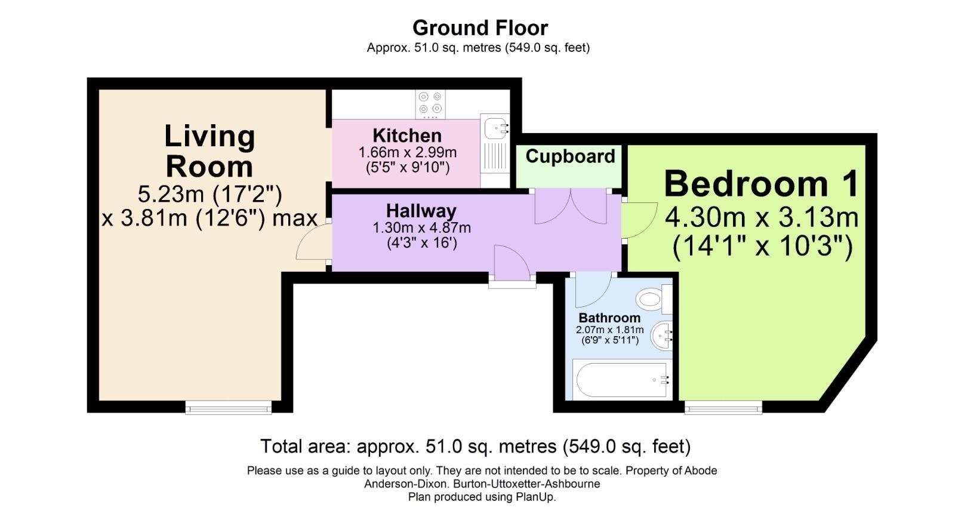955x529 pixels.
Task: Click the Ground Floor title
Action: pyautogui.click(x=480, y=28)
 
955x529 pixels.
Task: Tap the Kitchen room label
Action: pyautogui.click(x=407, y=136)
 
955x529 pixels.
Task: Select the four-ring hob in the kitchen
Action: pyautogui.click(x=430, y=103)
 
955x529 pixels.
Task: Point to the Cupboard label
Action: pyautogui.click(x=570, y=156)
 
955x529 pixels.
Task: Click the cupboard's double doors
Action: pyautogui.click(x=571, y=207)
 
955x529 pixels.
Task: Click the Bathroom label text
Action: pyautogui.click(x=609, y=318)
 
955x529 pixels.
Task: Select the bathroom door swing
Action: pyautogui.click(x=591, y=289)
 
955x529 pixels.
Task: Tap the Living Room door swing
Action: pyautogui.click(x=313, y=242)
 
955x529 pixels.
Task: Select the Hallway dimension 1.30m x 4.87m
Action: pyautogui.click(x=421, y=227)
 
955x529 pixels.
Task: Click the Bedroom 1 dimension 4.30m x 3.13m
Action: pyautogui.click(x=762, y=217)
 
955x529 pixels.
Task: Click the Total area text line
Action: pyautogui.click(x=475, y=447)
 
